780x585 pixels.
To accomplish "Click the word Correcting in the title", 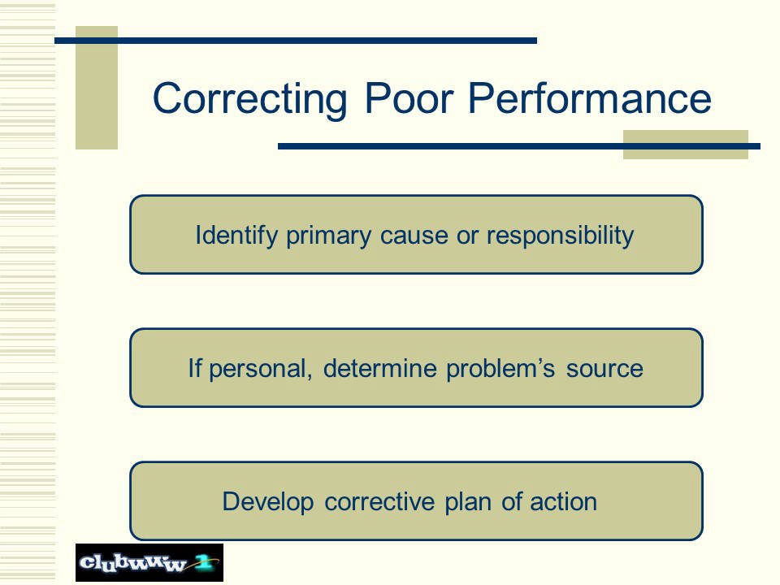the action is [249, 99].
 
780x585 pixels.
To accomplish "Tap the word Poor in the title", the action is [409, 98].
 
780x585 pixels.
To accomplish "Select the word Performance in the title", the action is [590, 99].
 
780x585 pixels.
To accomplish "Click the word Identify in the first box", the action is [236, 236].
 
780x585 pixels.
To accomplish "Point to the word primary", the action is [328, 236].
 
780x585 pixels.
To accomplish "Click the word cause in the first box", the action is [414, 236].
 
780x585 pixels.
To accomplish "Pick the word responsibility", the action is [560, 236].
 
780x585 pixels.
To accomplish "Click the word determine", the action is [379, 369].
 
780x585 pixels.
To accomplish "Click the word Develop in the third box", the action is [267, 502].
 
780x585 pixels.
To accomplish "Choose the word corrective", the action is [379, 501].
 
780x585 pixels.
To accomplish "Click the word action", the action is [563, 501].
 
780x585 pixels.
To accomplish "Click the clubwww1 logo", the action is [149, 562].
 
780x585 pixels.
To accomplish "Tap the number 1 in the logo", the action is [204, 562].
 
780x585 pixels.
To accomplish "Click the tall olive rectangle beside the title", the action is [97, 88].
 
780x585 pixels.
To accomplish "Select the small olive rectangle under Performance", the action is [686, 145].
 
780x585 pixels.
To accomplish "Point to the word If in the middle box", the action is [194, 369].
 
